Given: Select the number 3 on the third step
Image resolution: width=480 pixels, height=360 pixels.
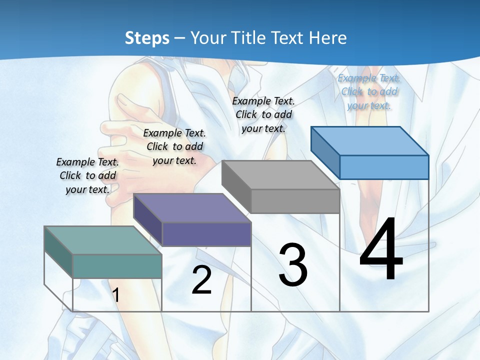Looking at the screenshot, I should click(x=293, y=265).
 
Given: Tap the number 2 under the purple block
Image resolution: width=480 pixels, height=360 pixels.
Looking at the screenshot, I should click(x=201, y=280).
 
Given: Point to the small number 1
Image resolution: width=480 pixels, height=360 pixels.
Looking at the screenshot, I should click(x=116, y=295).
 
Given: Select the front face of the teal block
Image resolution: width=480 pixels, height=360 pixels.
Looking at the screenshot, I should click(x=117, y=266).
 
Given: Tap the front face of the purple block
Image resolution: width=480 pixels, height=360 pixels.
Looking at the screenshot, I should click(x=206, y=234).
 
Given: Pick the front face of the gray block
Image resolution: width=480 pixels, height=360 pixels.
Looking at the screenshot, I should click(x=295, y=201).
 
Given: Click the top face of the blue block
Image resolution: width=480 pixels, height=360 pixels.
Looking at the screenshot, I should click(x=369, y=140).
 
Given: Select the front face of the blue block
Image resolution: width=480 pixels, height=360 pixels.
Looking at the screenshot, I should click(x=384, y=167).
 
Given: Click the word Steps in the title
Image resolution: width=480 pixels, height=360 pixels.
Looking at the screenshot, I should click(x=147, y=38).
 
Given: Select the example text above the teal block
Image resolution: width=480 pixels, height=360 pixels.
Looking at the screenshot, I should click(x=87, y=175).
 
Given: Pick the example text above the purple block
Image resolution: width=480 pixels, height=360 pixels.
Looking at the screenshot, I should click(x=174, y=146).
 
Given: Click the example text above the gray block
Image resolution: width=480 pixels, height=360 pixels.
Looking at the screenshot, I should click(x=263, y=114).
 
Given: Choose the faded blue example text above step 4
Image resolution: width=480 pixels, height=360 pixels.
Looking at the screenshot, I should click(x=369, y=91).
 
